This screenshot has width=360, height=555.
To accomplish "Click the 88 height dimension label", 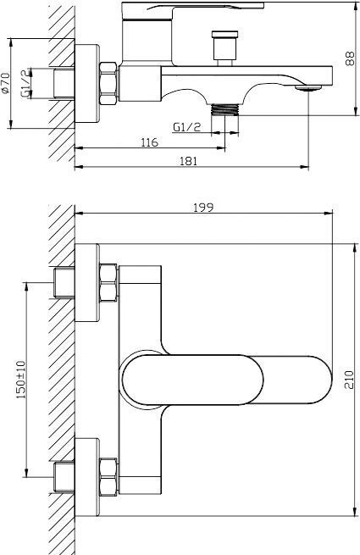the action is [350, 58].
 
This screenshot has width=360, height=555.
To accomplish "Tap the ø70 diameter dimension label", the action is [4, 83].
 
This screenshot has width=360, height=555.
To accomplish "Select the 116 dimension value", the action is [149, 142].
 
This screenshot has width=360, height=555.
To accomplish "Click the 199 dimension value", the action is [203, 208].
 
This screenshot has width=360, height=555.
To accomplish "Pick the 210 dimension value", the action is [349, 380].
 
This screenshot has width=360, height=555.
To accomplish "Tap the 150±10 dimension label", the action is [21, 380].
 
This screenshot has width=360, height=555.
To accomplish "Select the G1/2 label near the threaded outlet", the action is [187, 127].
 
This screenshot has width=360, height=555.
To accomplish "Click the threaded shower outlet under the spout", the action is [224, 109].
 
